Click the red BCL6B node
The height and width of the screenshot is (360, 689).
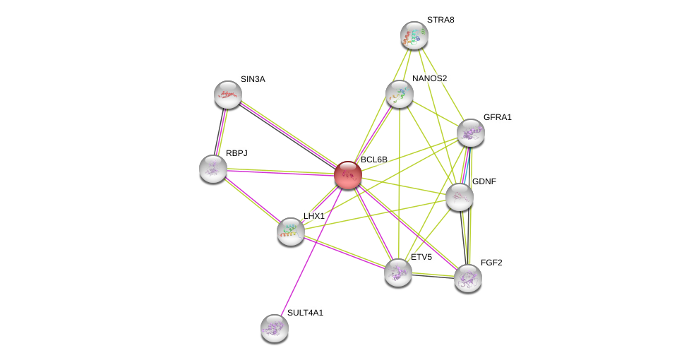[348, 175]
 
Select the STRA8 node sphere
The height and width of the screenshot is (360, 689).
[414, 35]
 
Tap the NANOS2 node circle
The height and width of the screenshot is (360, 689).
[400, 94]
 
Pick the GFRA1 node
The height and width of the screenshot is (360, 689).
[471, 133]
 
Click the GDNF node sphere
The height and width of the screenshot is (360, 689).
[460, 197]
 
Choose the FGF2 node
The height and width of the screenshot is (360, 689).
[468, 278]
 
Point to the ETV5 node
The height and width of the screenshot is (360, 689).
[398, 272]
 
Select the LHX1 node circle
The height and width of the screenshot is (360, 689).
[291, 231]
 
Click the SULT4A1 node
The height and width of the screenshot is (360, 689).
[275, 328]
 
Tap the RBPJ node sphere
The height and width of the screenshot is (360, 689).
[213, 169]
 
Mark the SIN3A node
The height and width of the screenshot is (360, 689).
[228, 95]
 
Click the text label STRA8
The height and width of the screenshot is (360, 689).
[441, 20]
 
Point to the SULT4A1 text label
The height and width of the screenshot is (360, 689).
[305, 313]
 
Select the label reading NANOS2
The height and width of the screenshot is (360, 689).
[429, 78]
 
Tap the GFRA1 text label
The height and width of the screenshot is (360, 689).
[497, 117]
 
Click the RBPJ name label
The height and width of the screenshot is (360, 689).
[236, 153]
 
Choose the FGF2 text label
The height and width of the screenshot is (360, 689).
[491, 263]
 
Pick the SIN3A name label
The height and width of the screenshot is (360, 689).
[253, 79]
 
